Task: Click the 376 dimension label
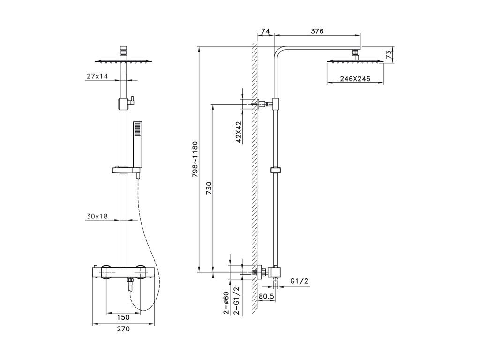[x=317, y=31]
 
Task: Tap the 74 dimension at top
[x=265, y=31]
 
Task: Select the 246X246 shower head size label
[x=355, y=79]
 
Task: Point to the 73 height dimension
[x=389, y=55]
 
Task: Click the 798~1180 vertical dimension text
[x=195, y=159]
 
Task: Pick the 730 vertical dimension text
[x=209, y=188]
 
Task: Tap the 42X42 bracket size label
[x=239, y=132]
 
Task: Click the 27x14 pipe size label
[x=97, y=76]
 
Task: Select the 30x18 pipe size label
[x=97, y=216]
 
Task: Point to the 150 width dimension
[x=123, y=317]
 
